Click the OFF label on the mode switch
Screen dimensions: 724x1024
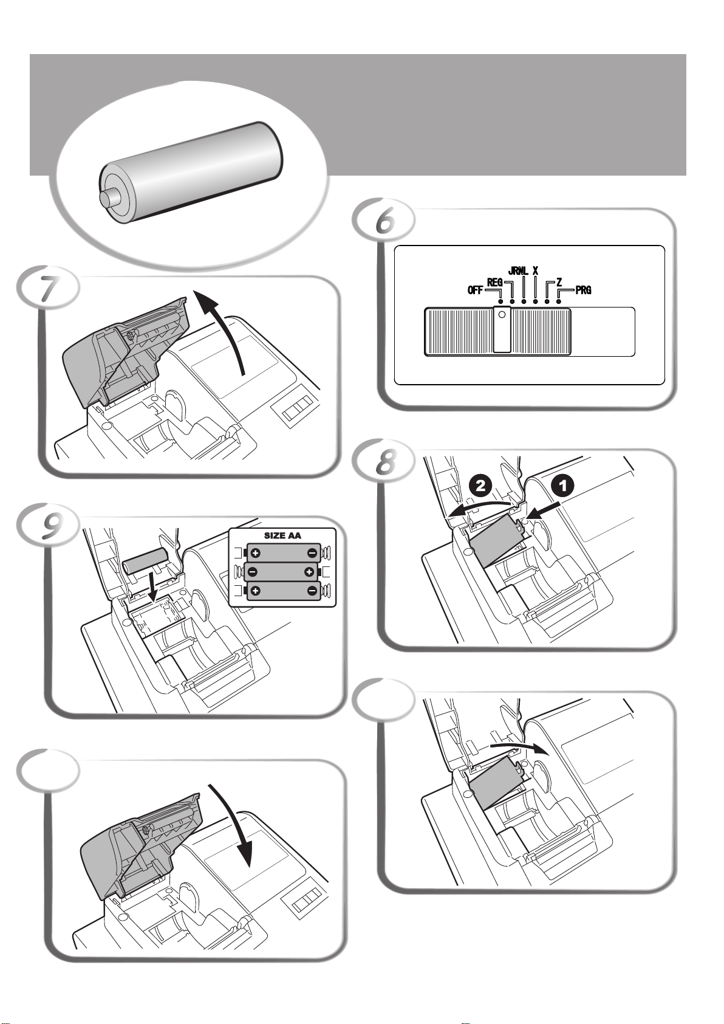click(x=475, y=290)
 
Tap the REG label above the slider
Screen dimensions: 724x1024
click(x=494, y=283)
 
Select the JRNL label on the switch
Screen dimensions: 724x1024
click(x=518, y=270)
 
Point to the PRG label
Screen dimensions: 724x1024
click(x=583, y=290)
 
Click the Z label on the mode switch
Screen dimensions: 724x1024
click(x=559, y=283)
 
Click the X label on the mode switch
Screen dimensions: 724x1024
click(x=535, y=270)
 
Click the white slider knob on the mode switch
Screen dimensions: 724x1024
click(x=502, y=329)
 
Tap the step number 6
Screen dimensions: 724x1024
click(x=385, y=221)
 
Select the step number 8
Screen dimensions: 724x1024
click(x=386, y=462)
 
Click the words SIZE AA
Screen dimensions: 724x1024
click(x=282, y=535)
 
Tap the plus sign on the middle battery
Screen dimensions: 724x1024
click(x=309, y=571)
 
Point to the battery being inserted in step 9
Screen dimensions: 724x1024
click(x=146, y=561)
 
